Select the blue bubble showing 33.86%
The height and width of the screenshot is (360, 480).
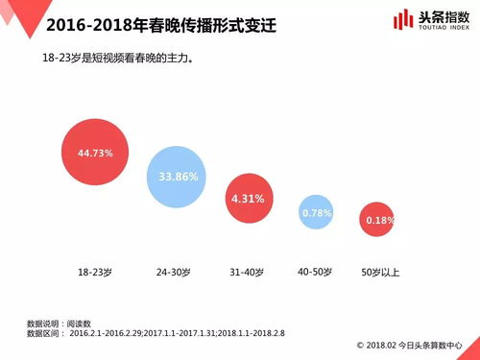[177, 176]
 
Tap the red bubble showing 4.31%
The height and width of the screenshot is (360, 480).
[248, 198]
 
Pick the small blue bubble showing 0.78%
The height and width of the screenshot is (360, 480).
[317, 211]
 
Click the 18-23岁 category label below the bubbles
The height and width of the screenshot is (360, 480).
[96, 273]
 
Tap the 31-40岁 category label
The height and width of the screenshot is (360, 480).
[248, 273]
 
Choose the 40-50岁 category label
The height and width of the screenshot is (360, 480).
[315, 272]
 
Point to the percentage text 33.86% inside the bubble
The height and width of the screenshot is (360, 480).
[177, 177]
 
